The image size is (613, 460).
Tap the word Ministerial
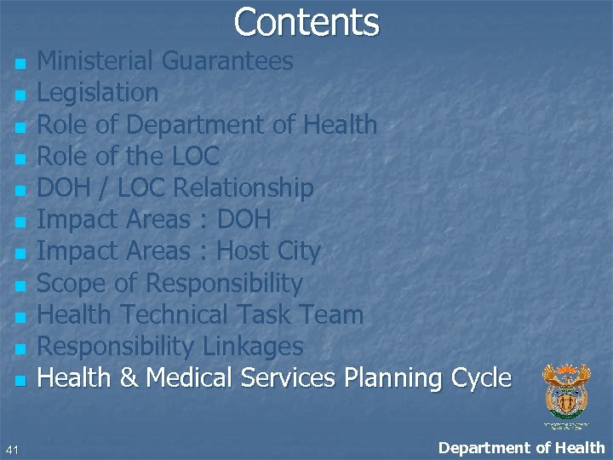click(x=98, y=61)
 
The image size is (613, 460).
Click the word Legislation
click(x=98, y=92)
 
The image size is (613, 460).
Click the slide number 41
click(x=11, y=449)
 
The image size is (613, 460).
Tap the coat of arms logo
click(x=566, y=392)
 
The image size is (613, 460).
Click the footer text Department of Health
click(x=521, y=447)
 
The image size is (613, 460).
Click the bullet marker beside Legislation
click(x=20, y=95)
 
